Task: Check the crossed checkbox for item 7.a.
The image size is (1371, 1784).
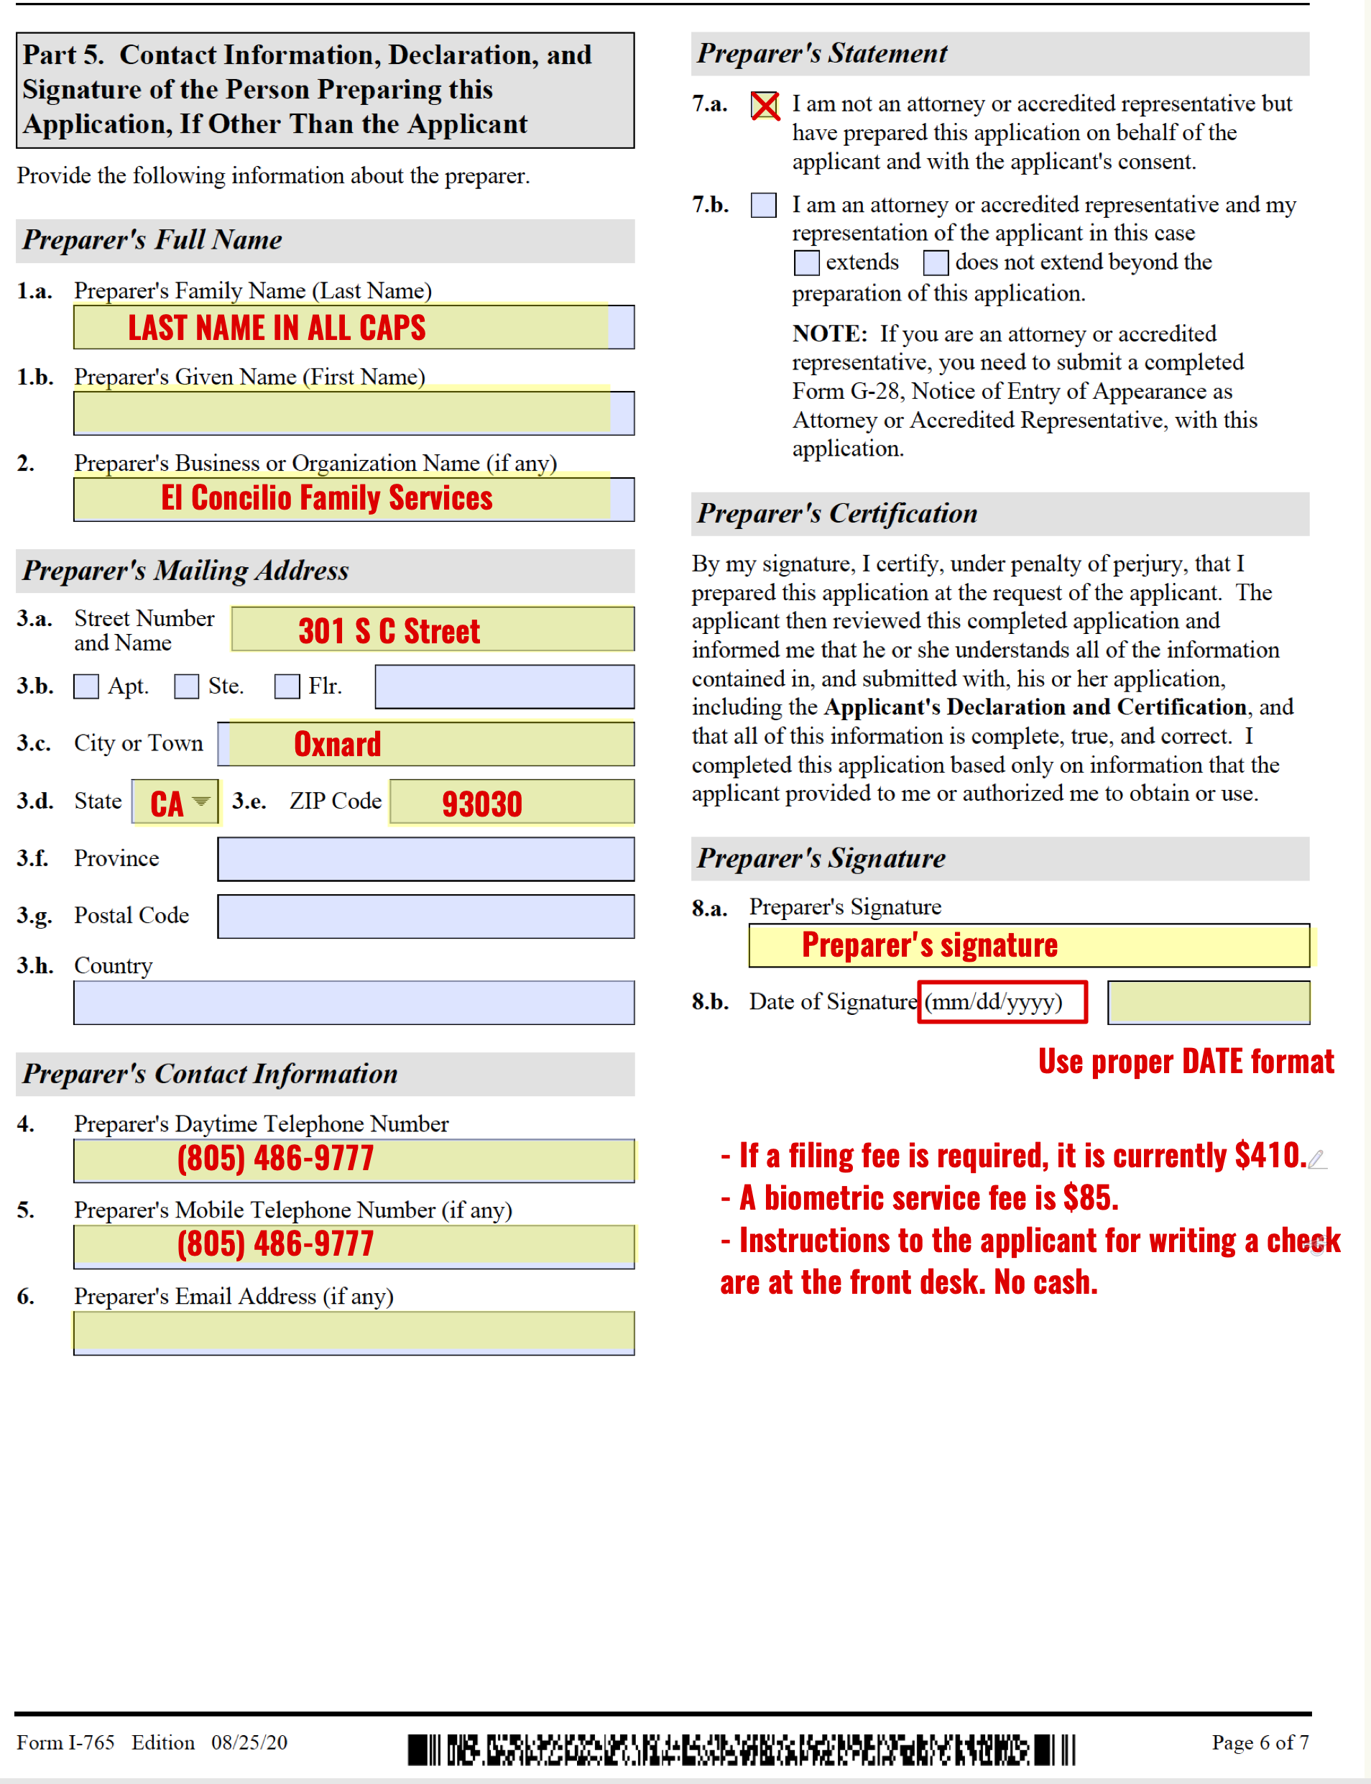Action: [764, 105]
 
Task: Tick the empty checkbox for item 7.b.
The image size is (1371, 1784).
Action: [763, 205]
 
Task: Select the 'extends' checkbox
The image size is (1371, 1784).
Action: [806, 263]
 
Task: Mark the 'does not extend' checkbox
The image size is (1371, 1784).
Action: [936, 263]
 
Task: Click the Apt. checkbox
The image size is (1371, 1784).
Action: [86, 686]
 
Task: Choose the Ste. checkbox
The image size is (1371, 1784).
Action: [186, 686]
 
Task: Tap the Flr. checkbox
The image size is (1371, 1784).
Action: [287, 686]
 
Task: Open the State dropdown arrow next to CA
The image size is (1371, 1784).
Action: [200, 801]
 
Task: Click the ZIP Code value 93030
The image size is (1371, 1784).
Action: [481, 804]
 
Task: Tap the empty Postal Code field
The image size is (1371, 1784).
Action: [425, 916]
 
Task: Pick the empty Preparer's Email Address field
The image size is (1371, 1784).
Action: [354, 1333]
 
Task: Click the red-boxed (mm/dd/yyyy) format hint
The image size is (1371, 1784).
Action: [1002, 1001]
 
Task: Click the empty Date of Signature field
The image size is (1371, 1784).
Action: [1208, 1002]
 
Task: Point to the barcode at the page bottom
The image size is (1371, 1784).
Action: [740, 1749]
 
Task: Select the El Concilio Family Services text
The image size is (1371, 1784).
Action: [326, 498]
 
